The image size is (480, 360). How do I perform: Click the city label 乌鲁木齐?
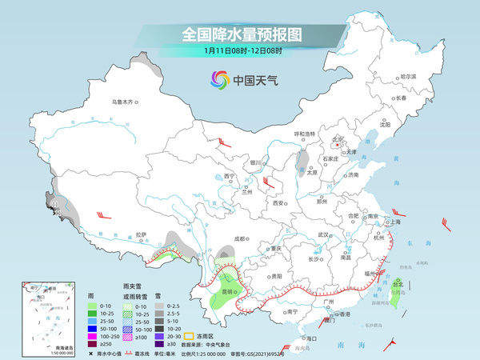[x=125, y=102]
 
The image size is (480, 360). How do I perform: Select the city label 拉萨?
[x=141, y=234]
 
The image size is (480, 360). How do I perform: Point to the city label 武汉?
[x=323, y=234]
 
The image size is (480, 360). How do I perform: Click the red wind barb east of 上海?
[x=446, y=226]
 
